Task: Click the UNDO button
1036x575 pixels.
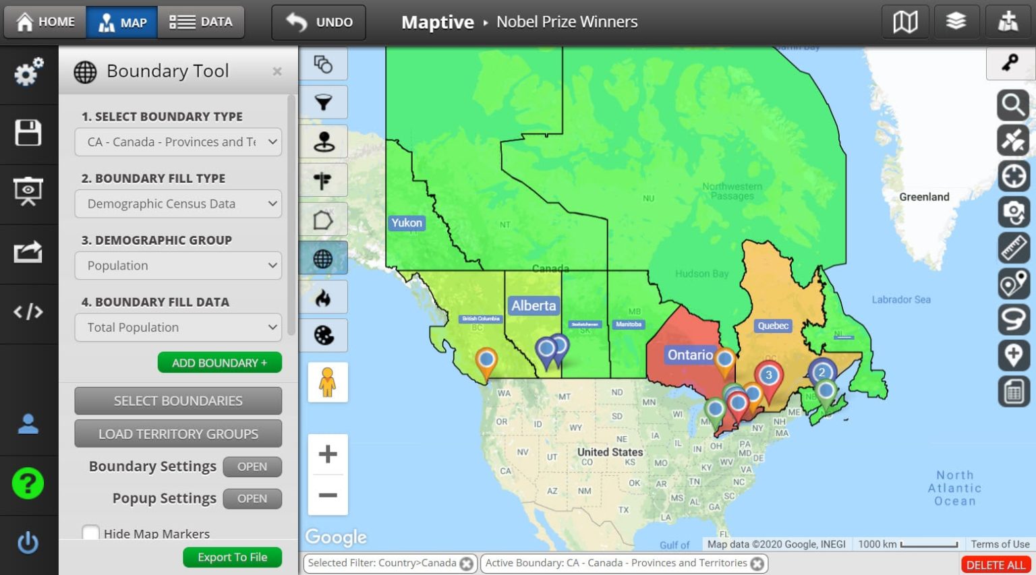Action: pos(319,22)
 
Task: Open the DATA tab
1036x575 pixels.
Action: pos(200,22)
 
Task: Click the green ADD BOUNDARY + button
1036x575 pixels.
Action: pos(219,363)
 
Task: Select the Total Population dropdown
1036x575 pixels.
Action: pos(178,328)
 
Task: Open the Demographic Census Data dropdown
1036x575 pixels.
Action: pos(178,204)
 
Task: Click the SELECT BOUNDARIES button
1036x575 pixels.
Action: pos(178,401)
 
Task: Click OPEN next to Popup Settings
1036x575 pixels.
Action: pos(252,499)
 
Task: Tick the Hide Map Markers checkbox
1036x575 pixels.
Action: pos(90,533)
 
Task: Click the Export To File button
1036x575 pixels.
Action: pos(232,557)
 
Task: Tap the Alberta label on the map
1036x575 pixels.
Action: pos(534,305)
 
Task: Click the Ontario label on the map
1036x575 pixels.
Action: pos(689,355)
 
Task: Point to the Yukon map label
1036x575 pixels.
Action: pos(407,223)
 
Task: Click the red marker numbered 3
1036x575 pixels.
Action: pos(768,377)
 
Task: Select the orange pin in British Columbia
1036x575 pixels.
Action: pos(486,359)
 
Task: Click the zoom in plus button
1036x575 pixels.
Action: pos(328,454)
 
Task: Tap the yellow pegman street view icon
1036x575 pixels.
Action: pos(328,382)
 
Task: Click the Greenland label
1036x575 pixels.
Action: pos(923,197)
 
